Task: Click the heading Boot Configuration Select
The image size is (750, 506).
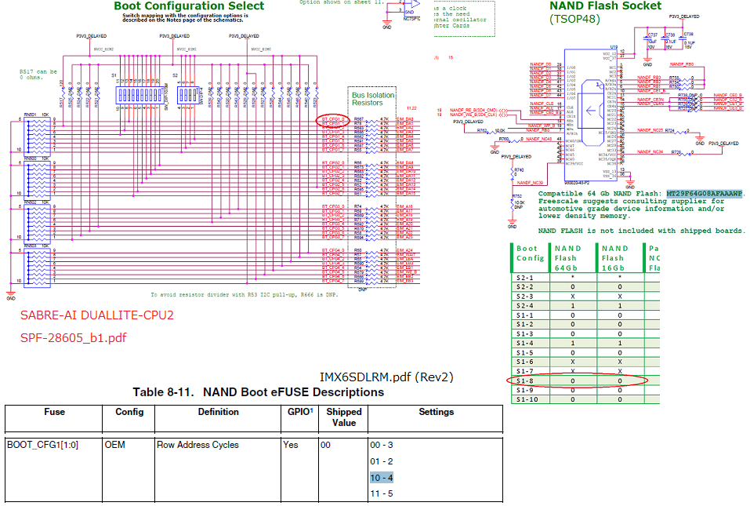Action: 189,5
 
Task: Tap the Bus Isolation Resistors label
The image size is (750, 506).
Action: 373,99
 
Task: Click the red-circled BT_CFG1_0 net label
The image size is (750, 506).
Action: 332,119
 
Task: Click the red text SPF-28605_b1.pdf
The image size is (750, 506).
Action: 73,338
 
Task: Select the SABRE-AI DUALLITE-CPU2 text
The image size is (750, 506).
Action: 96,315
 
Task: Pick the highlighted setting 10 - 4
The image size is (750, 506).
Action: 381,477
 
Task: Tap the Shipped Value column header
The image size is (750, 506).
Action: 344,417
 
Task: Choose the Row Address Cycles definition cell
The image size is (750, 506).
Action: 197,445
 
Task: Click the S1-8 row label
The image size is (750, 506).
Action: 525,380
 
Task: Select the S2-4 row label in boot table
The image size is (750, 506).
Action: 525,305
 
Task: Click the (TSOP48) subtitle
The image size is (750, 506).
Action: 574,18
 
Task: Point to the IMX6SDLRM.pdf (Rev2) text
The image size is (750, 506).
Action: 386,377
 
